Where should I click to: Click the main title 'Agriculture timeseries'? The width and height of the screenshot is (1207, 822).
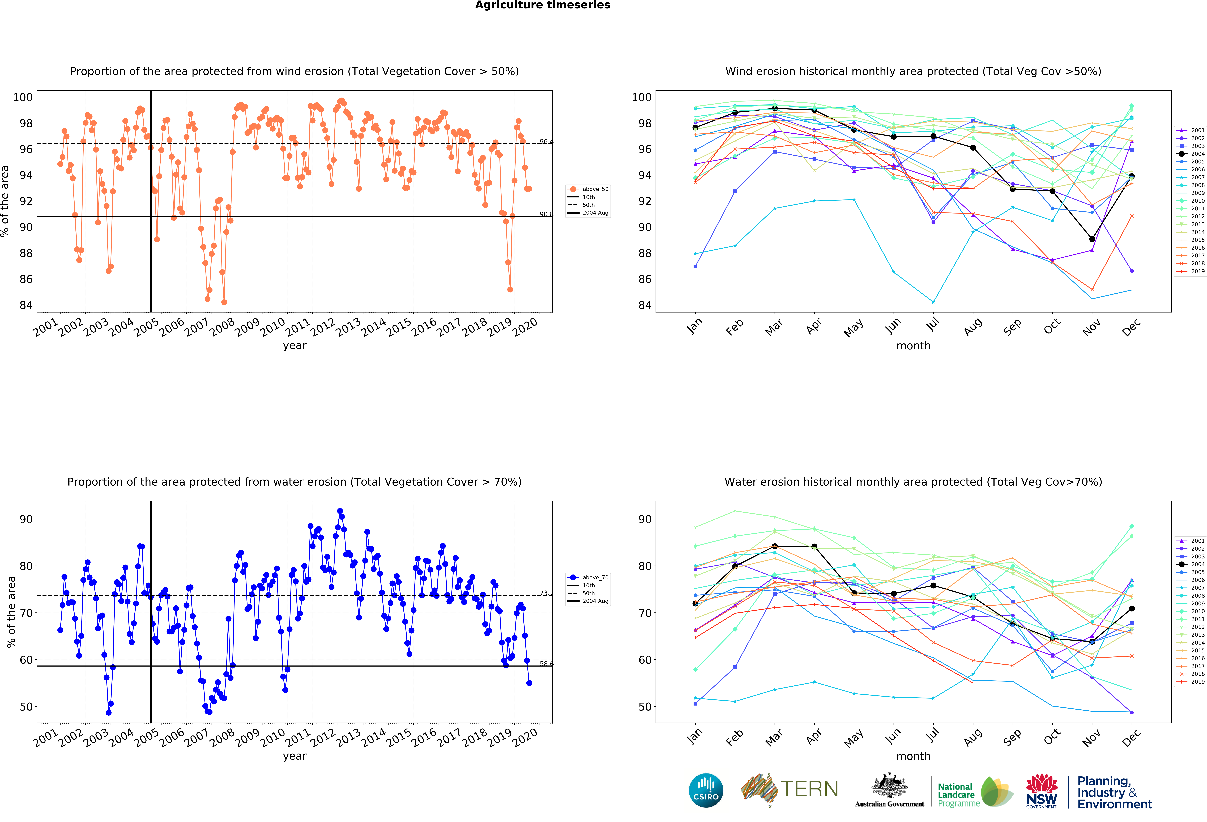click(x=542, y=5)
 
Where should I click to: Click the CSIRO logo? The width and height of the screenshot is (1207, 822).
click(x=706, y=790)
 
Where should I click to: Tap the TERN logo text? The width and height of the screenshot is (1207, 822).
click(x=809, y=789)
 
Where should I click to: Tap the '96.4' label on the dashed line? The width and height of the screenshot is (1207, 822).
click(x=546, y=142)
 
